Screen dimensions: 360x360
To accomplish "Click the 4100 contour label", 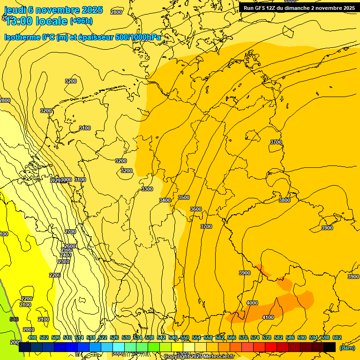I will (x=268, y=317).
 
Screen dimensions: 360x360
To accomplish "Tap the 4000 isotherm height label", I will (x=252, y=303).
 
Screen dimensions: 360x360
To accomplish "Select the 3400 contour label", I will (x=165, y=200).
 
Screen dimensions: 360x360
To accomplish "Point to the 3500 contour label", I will (x=184, y=197).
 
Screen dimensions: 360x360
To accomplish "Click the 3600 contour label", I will (x=196, y=209).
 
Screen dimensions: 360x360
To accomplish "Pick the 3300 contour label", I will (x=147, y=189).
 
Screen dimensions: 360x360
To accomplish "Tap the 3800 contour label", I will (x=285, y=200).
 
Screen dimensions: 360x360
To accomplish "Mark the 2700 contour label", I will (x=70, y=232).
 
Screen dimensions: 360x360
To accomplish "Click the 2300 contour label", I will (x=64, y=262).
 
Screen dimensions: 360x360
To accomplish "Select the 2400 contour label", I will (x=66, y=255).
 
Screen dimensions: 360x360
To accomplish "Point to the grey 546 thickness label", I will (x=14, y=319).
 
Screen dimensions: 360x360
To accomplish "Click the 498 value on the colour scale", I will (x=32, y=337).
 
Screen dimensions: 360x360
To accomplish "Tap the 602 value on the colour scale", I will (x=337, y=337).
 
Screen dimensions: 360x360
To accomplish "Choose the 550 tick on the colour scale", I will (x=185, y=337).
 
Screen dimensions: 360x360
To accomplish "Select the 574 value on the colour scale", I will (x=255, y=337).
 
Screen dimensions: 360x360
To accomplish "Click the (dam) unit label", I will (x=347, y=348).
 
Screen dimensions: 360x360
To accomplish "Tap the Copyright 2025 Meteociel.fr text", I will (x=199, y=356).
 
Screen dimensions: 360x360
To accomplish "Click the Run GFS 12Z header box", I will (x=299, y=7).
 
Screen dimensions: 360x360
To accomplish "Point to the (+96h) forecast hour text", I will (x=81, y=21).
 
